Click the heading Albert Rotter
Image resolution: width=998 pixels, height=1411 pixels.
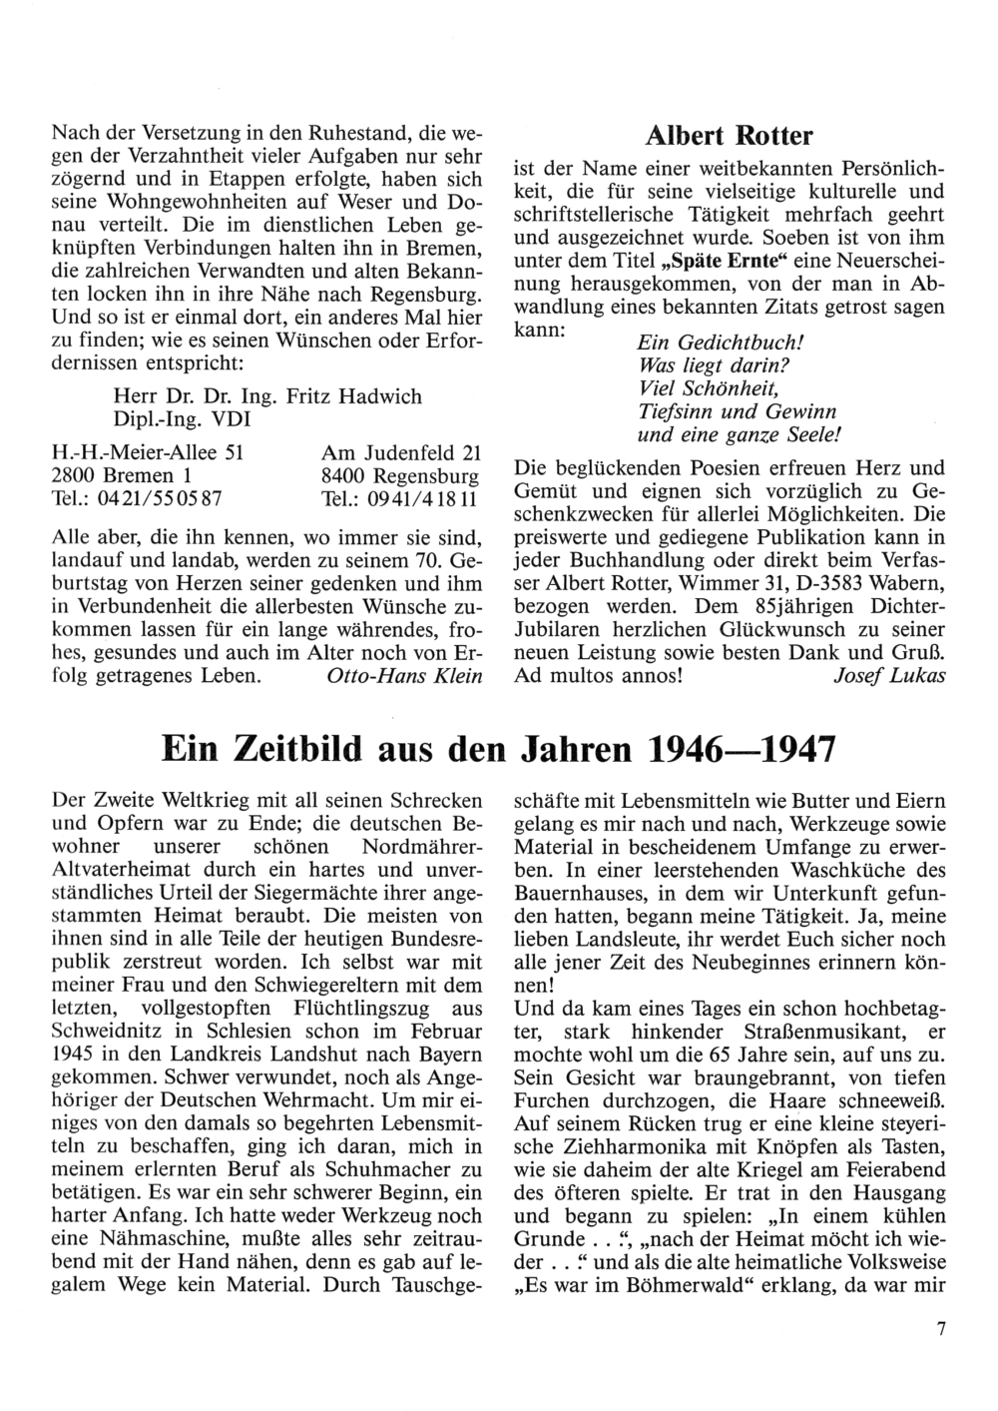coord(729,136)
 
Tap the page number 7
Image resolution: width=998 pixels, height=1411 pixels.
coord(940,1328)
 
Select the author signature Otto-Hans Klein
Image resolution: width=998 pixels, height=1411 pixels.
coord(404,676)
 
